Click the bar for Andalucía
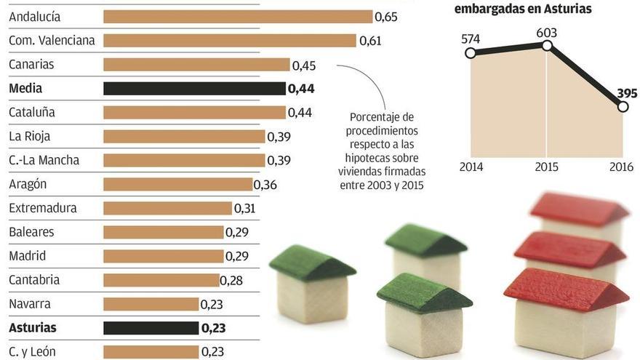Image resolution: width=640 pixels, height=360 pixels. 238,17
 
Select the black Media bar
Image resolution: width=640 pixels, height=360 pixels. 194,89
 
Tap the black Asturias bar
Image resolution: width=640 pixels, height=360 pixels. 151,328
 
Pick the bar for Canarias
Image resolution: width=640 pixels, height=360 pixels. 196,65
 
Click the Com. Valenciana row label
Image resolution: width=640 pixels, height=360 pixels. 52,41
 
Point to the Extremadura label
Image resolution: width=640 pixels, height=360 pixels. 43,208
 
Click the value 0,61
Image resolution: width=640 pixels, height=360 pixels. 370,41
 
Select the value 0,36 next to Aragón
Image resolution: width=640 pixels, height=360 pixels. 265,185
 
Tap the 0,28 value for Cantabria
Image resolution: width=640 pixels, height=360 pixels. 231,280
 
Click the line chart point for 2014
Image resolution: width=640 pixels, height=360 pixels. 470,53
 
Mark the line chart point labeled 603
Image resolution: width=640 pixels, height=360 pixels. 547,45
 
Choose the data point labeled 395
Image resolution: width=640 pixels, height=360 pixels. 623,107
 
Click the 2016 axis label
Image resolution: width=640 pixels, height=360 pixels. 622,167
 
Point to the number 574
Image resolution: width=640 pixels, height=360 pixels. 471,39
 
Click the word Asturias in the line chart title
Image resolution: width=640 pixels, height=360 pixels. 567,9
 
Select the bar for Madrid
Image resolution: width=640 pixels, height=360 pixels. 164,256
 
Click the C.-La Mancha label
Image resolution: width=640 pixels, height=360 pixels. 44,160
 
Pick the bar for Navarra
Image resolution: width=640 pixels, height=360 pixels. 151,304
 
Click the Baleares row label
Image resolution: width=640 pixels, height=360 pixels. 31,232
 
